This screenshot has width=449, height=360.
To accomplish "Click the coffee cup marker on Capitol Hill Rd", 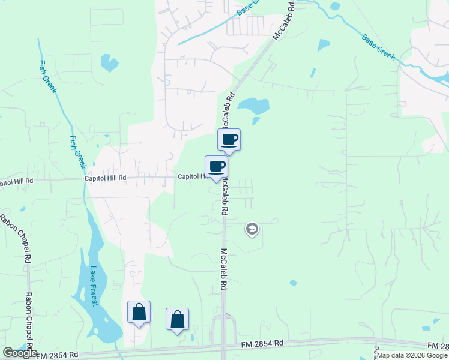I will point(216,167).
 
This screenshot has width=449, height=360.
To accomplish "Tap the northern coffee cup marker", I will point(229,140).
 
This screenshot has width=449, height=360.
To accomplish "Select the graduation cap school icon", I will point(252,229).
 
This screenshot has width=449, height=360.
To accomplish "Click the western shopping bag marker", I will point(139,313).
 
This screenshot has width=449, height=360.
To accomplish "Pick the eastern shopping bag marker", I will point(178,319).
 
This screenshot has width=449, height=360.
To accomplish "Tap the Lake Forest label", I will point(93,286).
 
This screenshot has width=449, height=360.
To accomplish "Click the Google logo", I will point(20,353).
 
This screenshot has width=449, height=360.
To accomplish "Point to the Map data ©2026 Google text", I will point(412,355).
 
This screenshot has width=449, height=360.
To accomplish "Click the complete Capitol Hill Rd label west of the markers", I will point(105,178).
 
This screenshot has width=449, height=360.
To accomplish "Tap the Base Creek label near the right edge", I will point(378,47).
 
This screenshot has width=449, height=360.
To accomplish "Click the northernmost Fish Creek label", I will point(47,76).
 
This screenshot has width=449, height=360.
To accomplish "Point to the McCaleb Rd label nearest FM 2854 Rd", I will point(224,269).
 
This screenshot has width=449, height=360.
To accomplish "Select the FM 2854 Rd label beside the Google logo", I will point(57,355).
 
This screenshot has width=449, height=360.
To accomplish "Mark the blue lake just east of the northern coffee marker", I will point(253,106).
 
